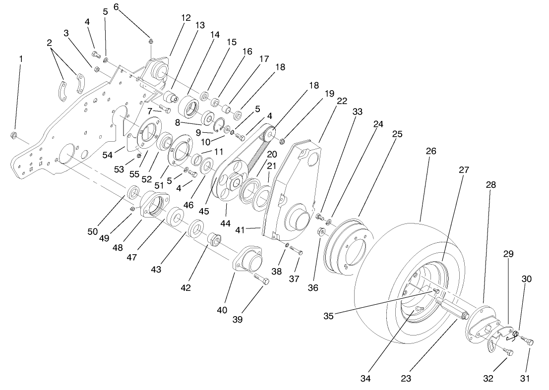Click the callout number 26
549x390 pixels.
[431, 151]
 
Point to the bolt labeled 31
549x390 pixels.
[528, 341]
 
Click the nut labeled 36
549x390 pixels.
[321, 231]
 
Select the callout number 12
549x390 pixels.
[185, 18]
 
